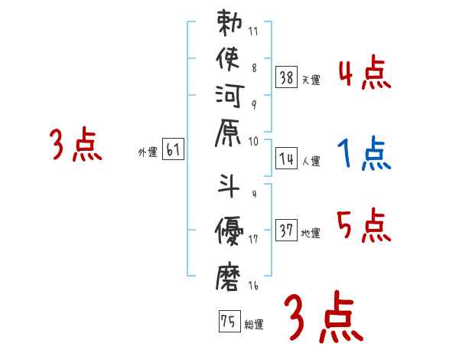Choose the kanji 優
pos(230,229)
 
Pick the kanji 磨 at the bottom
pos(230,275)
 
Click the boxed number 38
pos(287,77)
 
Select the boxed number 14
pos(287,159)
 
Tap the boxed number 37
pos(287,230)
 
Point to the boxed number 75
pos(228,321)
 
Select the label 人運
pos(311,162)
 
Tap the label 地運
pos(311,233)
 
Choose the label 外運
pos(147,152)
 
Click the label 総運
pos(254,324)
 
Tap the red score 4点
pos(364,75)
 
